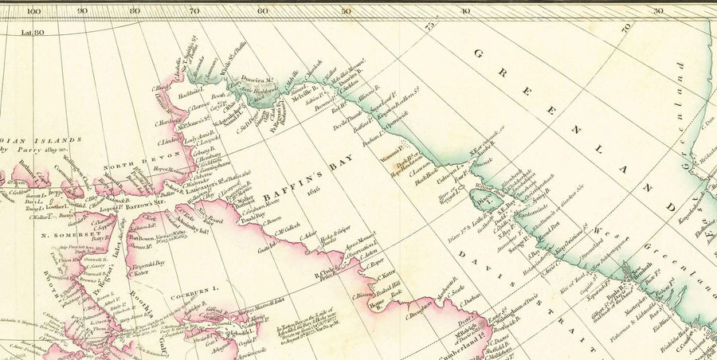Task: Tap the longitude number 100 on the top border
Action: (x=33, y=10)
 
